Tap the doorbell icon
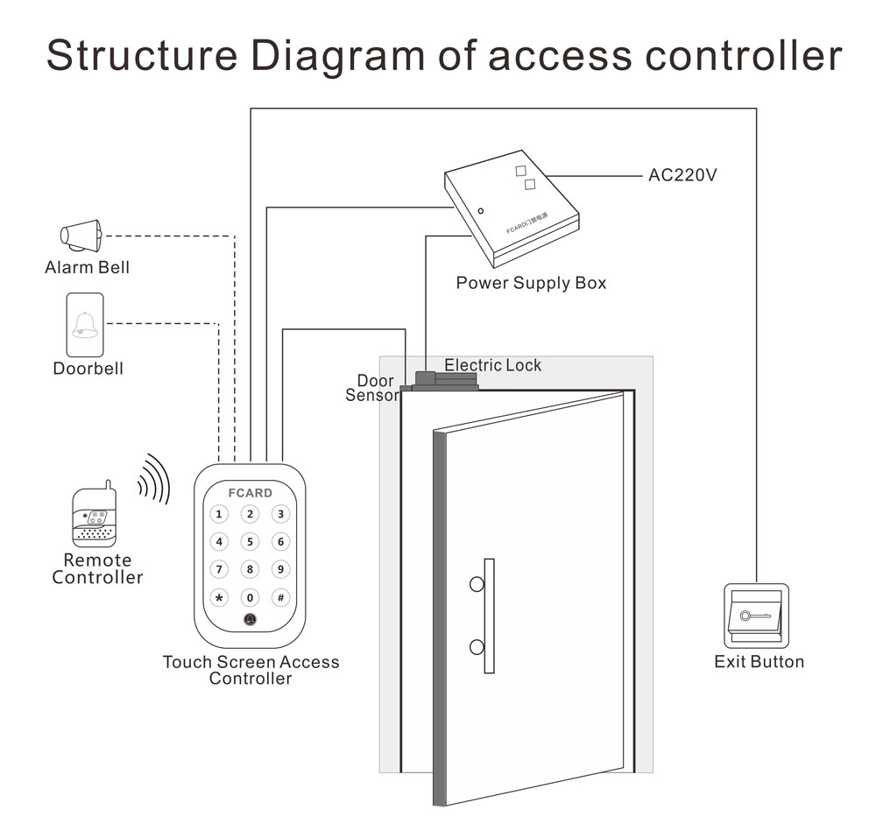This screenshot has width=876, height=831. (85, 325)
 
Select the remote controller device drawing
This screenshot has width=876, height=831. (94, 517)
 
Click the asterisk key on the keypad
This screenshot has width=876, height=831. (220, 598)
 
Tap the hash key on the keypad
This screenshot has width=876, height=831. (279, 598)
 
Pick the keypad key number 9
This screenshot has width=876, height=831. (279, 570)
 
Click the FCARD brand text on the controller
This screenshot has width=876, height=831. (250, 493)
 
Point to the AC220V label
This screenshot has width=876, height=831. (682, 175)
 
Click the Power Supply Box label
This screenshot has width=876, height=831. (531, 284)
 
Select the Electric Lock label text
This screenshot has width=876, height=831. (492, 365)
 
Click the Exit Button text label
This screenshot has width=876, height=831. (759, 662)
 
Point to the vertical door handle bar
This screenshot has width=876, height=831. (489, 615)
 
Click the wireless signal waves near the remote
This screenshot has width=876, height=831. (154, 479)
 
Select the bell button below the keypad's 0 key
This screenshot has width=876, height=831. (250, 622)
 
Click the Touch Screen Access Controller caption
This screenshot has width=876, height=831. (251, 670)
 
